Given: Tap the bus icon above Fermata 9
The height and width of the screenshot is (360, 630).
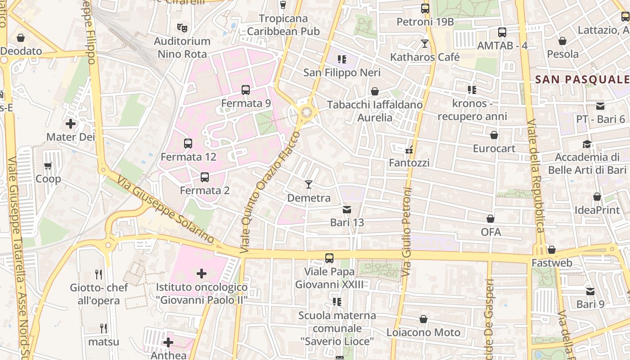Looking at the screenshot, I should [246, 90].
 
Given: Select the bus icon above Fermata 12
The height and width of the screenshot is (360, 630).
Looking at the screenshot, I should [188, 144].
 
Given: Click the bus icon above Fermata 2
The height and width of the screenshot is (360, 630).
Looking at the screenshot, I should [205, 177].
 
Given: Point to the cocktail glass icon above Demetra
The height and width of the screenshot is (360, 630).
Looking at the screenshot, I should [308, 184].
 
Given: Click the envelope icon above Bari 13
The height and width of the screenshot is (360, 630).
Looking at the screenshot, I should [347, 209].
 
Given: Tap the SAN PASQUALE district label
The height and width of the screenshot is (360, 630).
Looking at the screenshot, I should [581, 80].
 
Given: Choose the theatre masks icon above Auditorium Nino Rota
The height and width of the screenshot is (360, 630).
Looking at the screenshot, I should [182, 28].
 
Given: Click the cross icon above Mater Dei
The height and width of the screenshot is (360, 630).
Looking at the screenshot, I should [71, 123].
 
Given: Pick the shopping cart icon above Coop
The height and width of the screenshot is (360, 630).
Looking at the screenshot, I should [48, 166].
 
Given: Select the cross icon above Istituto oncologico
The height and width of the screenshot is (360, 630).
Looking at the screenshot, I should [202, 273].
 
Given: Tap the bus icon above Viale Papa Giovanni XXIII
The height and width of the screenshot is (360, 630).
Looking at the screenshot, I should [329, 258].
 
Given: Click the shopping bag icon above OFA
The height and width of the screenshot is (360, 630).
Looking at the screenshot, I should [490, 219].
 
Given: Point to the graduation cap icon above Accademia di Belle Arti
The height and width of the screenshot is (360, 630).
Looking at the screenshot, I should [587, 144].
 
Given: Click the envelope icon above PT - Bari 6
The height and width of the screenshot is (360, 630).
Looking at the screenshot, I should [600, 106].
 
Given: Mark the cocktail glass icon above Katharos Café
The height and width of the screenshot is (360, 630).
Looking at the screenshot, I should [425, 44].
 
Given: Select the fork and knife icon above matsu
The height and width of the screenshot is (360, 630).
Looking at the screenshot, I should [103, 328].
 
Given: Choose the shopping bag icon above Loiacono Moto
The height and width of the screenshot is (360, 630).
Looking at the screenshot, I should [423, 319].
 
